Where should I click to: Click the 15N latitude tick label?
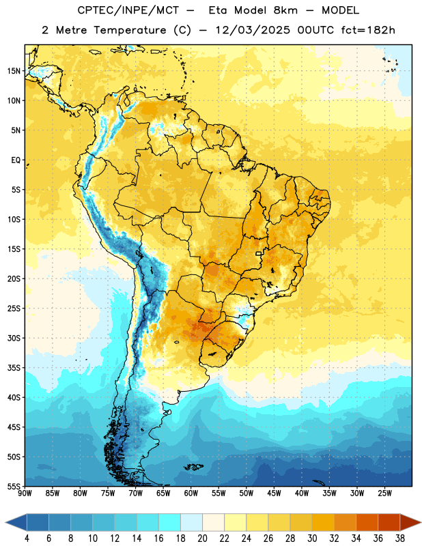(x=14, y=71)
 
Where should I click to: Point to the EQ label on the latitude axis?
(x=16, y=160)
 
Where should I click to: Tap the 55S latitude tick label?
(x=14, y=486)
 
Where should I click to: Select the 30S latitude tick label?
(x=14, y=338)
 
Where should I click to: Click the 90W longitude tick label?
(x=25, y=493)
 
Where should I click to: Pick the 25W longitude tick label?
(x=384, y=493)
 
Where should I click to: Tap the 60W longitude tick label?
(x=191, y=493)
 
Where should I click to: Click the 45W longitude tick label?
(x=275, y=493)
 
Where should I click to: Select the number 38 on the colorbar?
(x=400, y=538)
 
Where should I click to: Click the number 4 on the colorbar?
(x=27, y=538)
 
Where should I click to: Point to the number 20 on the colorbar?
(x=202, y=538)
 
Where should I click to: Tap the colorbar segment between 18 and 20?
(x=191, y=522)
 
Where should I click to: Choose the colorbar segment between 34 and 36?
(x=367, y=522)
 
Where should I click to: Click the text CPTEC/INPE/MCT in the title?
(x=128, y=10)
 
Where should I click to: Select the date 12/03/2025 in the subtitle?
(x=252, y=30)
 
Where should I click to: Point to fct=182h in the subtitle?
(x=368, y=30)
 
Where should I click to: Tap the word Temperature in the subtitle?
(x=130, y=30)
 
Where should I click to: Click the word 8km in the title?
(x=285, y=10)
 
